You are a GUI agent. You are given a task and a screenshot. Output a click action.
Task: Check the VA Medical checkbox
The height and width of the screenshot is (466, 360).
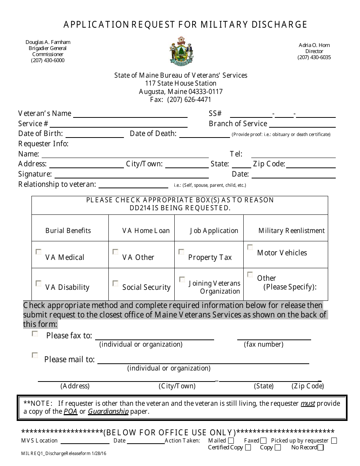click(x=39, y=252)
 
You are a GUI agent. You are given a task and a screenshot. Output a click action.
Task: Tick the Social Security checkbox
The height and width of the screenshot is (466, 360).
click(x=116, y=283)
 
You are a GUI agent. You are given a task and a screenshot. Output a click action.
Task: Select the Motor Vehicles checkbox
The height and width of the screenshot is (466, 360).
click(x=250, y=247)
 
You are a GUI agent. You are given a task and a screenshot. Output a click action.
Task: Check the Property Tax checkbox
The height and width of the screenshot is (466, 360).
click(x=182, y=252)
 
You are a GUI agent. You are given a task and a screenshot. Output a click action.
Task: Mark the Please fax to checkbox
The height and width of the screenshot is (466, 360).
click(x=35, y=334)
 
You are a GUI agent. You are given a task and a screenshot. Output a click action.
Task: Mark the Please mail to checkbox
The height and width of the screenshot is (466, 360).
click(x=35, y=355)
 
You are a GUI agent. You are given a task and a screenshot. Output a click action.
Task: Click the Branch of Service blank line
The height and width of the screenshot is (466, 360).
click(x=302, y=125)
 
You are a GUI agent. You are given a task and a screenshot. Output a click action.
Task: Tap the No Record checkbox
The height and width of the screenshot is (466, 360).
click(x=321, y=447)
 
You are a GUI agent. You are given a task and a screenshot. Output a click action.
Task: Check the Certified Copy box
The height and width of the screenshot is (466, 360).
click(x=248, y=447)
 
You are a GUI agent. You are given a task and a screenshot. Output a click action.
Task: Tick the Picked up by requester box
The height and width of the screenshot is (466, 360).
click(x=334, y=441)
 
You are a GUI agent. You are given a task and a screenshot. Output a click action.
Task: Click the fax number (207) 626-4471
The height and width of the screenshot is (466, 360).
click(x=189, y=100)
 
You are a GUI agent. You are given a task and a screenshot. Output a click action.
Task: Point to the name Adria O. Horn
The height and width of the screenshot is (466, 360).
click(x=314, y=45)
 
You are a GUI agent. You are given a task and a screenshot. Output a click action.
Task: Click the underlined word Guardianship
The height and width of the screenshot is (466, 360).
click(x=108, y=411)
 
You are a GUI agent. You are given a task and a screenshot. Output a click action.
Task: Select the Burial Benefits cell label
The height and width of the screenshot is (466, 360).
click(x=68, y=230)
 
